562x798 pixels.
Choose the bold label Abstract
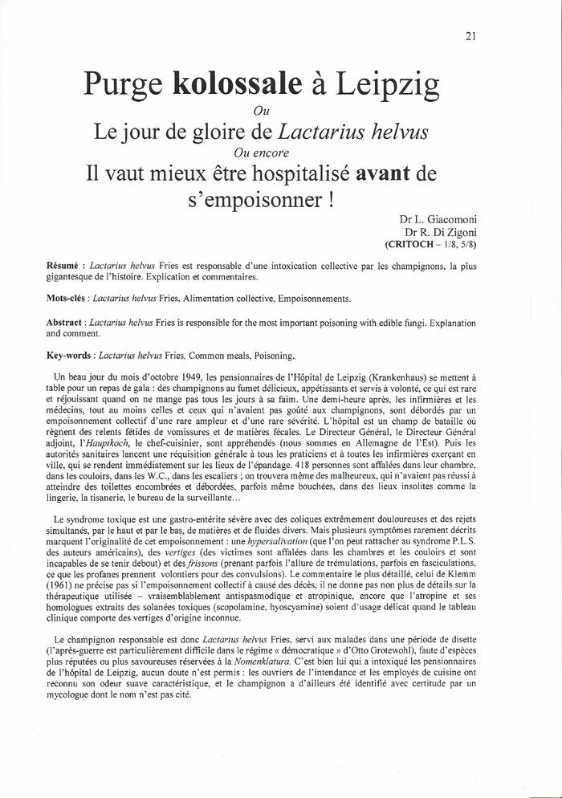67,322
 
